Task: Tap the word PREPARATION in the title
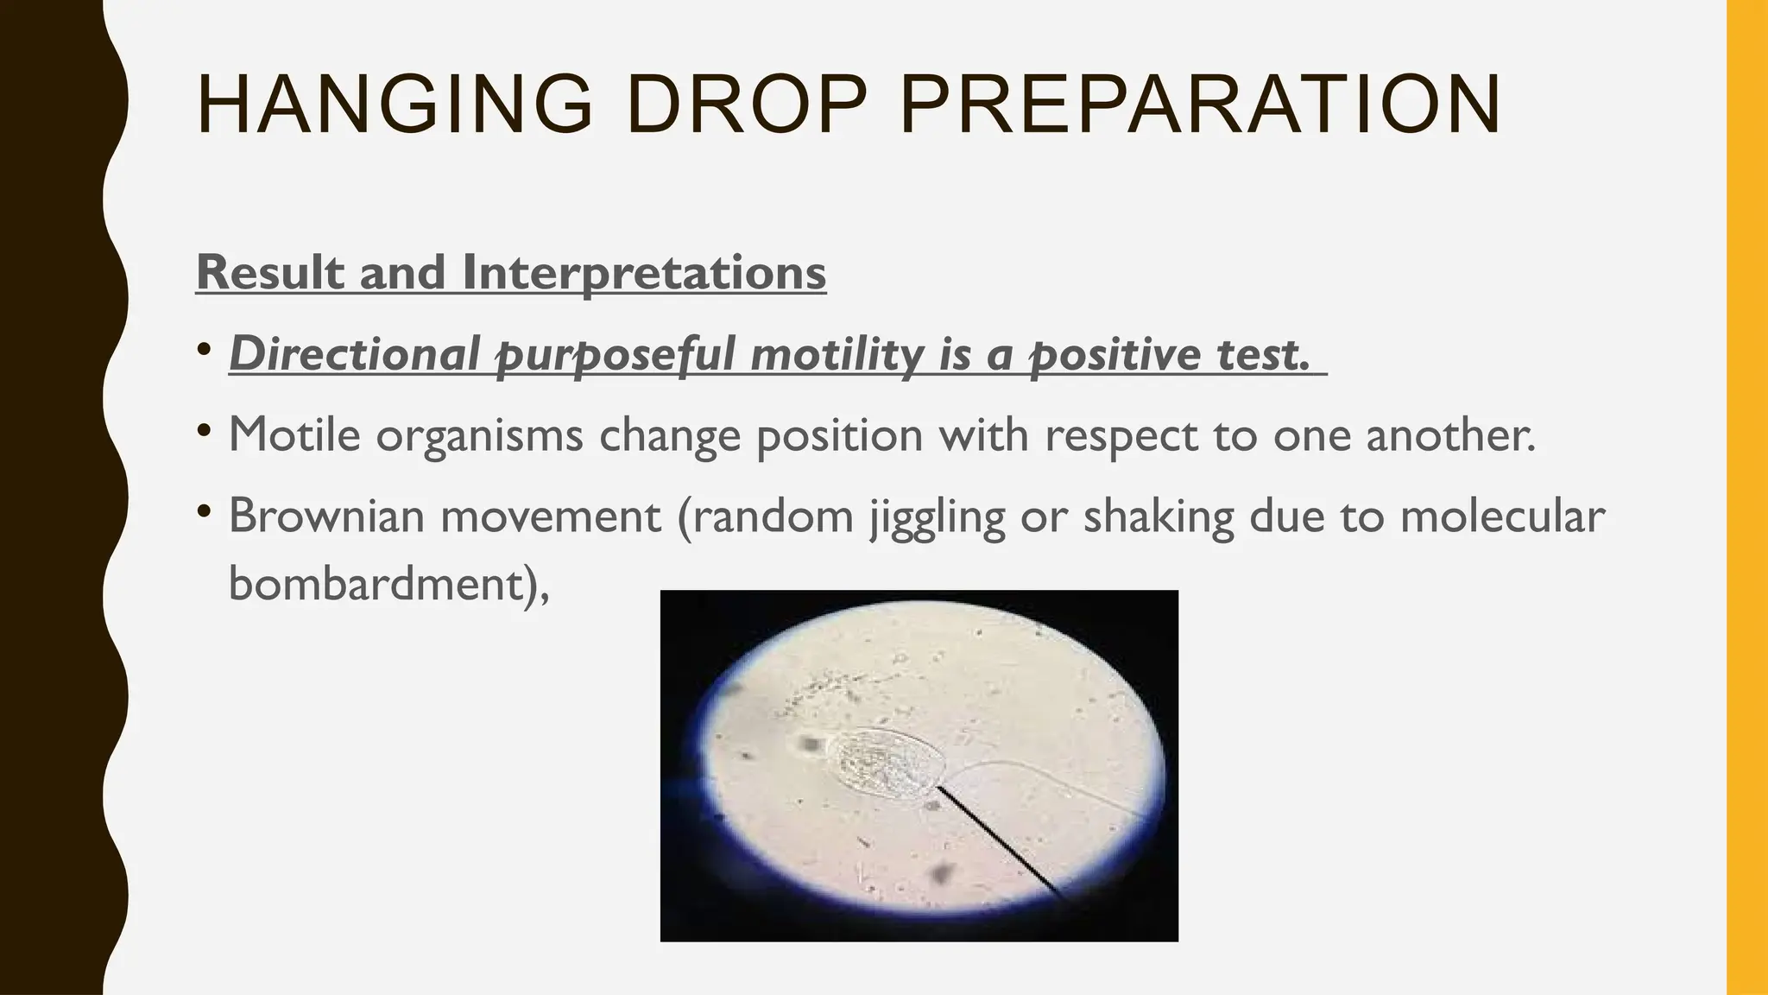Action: pyautogui.click(x=1200, y=105)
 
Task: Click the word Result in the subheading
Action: pyautogui.click(x=271, y=272)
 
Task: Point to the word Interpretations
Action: pyautogui.click(x=644, y=274)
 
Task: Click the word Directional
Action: pyautogui.click(x=354, y=354)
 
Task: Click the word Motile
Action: pyautogui.click(x=294, y=434)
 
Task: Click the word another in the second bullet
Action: pyautogui.click(x=1450, y=434)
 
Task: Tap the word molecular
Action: pyautogui.click(x=1502, y=516)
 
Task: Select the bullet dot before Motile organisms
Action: pyautogui.click(x=204, y=430)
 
